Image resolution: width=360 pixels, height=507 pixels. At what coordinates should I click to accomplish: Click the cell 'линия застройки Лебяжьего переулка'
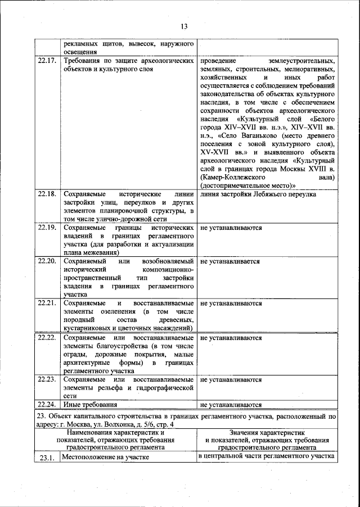[258, 194]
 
